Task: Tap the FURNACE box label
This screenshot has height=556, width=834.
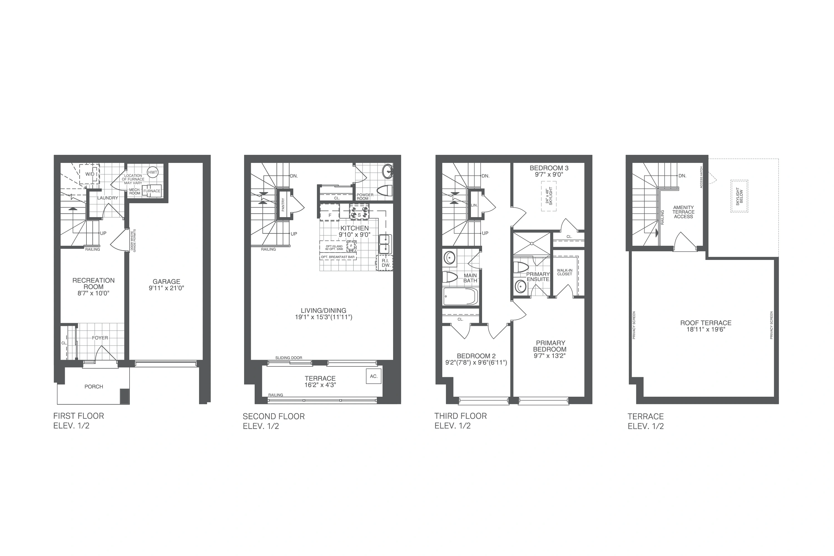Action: coord(152,191)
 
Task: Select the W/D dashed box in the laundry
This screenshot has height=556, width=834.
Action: coord(89,174)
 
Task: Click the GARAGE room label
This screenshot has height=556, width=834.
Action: coord(166,282)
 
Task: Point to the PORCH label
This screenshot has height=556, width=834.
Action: coord(94,386)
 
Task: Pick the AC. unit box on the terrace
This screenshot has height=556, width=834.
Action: coord(374,376)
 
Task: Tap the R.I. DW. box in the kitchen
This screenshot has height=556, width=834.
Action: coord(385,263)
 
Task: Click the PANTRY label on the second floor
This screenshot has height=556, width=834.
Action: coord(283,205)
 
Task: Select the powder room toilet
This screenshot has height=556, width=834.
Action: coord(385,191)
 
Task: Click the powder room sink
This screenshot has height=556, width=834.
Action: coord(388,171)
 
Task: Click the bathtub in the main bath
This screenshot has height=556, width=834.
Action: coord(460,296)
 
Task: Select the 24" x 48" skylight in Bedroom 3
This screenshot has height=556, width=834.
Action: coord(549,196)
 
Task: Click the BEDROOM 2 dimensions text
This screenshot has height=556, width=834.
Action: coord(476,363)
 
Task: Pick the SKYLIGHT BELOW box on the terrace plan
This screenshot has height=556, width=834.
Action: coord(739,196)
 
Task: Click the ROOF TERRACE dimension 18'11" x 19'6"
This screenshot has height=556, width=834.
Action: coord(706,329)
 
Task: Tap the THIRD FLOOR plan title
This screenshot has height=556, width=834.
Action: coord(461,416)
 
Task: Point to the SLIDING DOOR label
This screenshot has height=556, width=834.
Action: coord(289,358)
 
